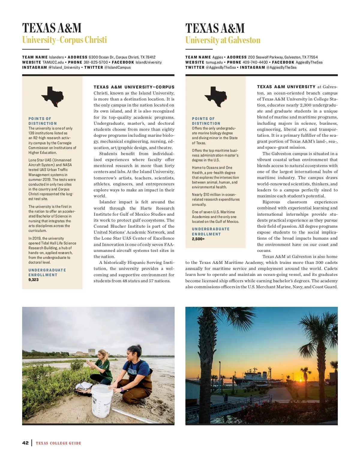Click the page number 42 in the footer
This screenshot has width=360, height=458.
click(x=25, y=443)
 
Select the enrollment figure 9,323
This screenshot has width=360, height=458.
click(x=34, y=280)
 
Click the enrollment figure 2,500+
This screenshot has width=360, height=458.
click(x=198, y=239)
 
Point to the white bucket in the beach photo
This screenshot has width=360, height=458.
click(x=102, y=400)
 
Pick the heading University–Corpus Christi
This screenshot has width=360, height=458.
click(x=64, y=40)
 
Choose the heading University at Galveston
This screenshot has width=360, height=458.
click(x=223, y=40)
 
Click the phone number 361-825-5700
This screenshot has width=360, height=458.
click(x=95, y=62)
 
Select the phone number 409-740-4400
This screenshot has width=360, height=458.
click(x=255, y=62)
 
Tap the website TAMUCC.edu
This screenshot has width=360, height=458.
click(x=53, y=62)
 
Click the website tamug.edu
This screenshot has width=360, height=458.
click(x=214, y=62)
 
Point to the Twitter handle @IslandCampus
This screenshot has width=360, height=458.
click(x=117, y=67)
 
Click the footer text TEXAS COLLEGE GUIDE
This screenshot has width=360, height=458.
click(x=58, y=443)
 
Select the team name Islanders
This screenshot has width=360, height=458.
click(x=56, y=57)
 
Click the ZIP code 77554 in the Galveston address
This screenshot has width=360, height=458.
click(x=312, y=57)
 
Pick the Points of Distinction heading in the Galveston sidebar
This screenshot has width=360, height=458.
click(x=206, y=121)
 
